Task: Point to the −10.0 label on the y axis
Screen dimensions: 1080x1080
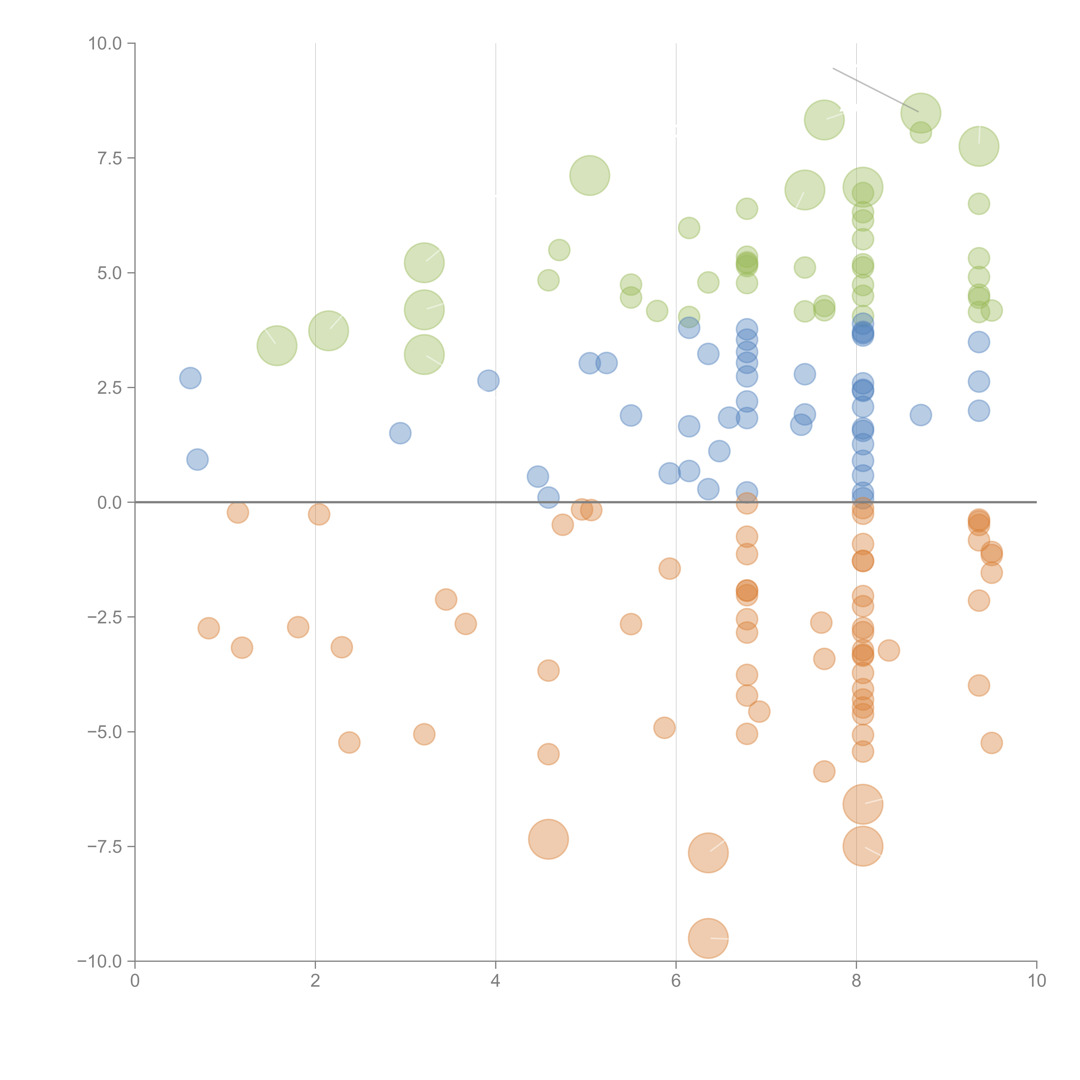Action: [100, 961]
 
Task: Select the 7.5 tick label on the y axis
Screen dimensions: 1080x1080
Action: [110, 158]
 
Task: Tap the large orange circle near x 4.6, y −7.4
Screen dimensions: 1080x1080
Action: [548, 839]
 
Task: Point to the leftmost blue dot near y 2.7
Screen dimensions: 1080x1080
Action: [190, 378]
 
